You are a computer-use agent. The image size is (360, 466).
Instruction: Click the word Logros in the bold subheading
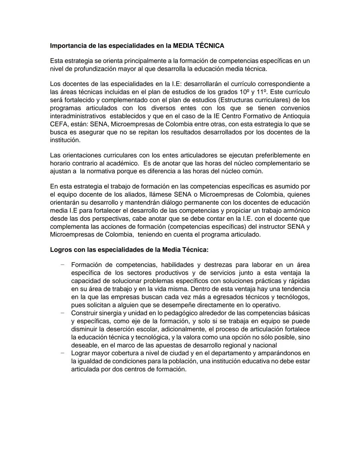[61, 250]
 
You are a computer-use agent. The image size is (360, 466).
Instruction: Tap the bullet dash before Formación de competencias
[62, 265]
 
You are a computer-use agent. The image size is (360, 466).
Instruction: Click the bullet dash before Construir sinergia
[62, 313]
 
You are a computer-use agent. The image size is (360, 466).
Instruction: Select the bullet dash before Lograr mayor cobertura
[62, 353]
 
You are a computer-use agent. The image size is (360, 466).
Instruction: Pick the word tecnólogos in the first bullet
[294, 297]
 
